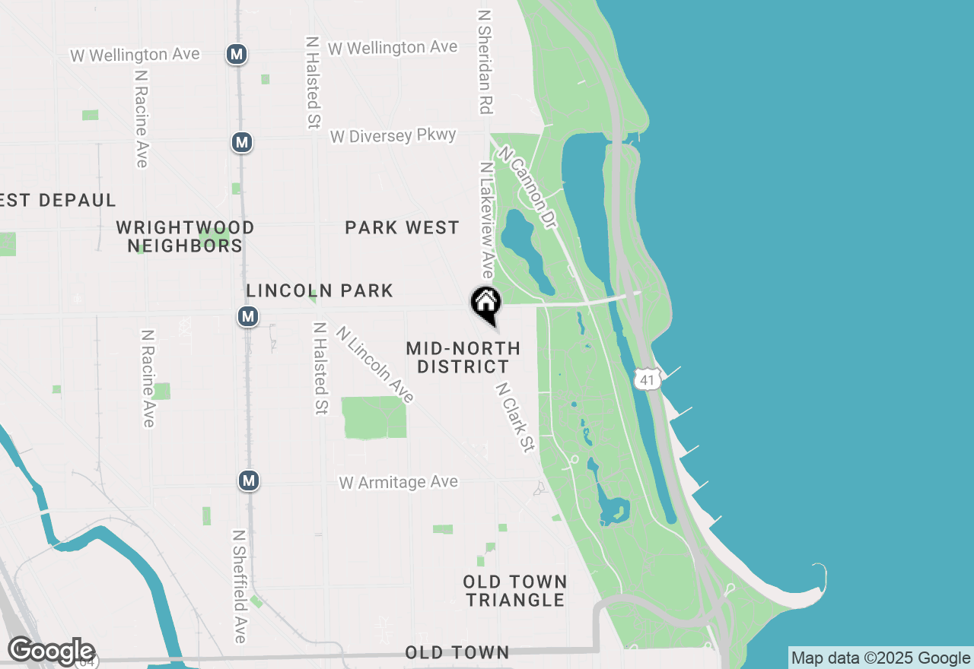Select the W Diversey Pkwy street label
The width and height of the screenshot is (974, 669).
pos(393,136)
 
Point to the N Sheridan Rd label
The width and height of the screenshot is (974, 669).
pos(484,62)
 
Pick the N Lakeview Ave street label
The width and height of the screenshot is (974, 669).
pos(485,220)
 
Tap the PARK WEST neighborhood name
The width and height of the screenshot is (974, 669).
pos(402,227)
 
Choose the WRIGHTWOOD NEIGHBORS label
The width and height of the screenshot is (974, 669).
pos(185,236)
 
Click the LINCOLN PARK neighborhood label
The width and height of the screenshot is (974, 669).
pos(320,290)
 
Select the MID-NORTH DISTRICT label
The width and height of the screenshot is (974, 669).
pos(463,357)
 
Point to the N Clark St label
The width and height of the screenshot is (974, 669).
pos(515,417)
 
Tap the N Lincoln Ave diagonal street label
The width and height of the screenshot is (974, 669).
pos(374,365)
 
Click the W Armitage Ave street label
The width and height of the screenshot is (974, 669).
pos(399,482)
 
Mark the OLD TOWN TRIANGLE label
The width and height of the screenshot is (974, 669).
pos(515,591)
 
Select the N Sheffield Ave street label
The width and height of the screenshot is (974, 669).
pos(240,586)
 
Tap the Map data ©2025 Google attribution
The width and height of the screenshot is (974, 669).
pos(880,658)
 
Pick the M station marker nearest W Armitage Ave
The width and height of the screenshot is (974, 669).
pos(248,480)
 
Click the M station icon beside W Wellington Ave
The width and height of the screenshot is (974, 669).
pos(237,54)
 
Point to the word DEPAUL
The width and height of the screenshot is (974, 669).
pos(76,201)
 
